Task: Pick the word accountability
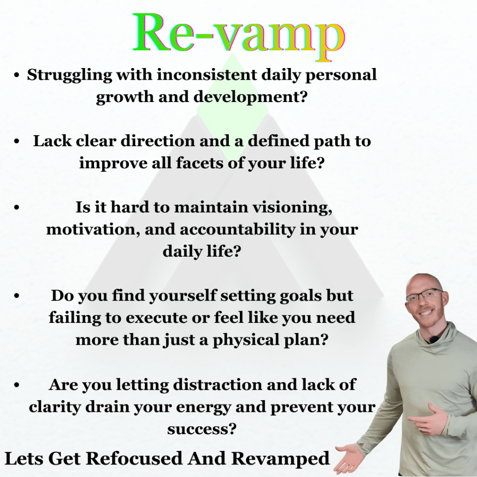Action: (238, 229)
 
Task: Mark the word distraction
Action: (218, 384)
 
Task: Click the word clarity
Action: (55, 407)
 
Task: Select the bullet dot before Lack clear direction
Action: (17, 141)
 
